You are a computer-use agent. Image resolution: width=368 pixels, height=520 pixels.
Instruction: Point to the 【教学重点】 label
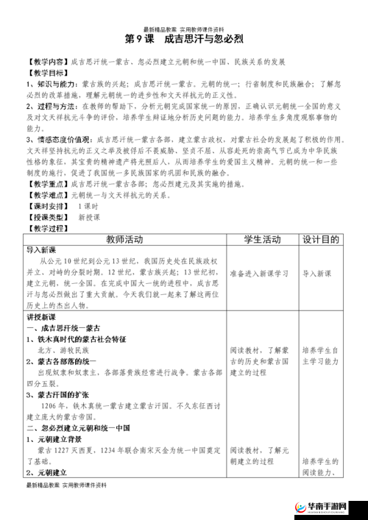[x=47, y=183]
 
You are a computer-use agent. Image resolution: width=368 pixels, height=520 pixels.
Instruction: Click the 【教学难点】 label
[x=47, y=195]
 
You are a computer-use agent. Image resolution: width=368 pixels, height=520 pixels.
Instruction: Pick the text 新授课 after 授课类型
[x=89, y=218]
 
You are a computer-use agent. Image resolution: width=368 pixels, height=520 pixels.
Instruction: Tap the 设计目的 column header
[x=321, y=241]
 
